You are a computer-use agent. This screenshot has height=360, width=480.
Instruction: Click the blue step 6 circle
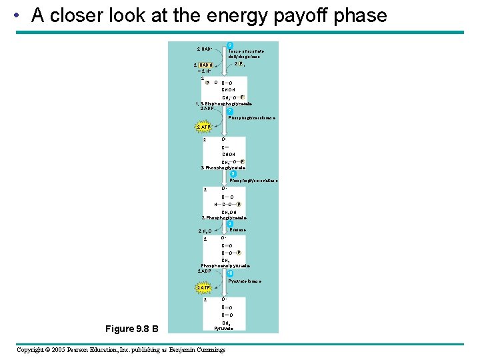(x=230, y=45)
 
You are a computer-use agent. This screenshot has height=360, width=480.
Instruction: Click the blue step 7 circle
(x=230, y=111)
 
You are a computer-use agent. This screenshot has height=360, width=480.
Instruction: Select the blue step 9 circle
(x=230, y=224)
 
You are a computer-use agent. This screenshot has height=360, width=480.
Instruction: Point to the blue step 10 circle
(x=230, y=273)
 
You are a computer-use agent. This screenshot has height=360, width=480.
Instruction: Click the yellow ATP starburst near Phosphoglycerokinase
(x=203, y=127)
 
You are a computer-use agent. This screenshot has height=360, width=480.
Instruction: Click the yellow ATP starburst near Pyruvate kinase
(x=203, y=288)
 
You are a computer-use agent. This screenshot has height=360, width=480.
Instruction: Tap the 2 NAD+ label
(x=205, y=49)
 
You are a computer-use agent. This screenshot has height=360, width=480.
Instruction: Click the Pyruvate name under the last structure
(x=223, y=329)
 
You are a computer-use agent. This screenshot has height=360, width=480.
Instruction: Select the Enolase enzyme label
(x=237, y=230)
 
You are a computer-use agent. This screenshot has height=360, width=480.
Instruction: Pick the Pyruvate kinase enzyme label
(x=245, y=281)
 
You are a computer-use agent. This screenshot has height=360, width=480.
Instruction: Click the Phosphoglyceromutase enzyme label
(x=253, y=181)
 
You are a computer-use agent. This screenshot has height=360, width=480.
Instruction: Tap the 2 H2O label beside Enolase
(x=205, y=231)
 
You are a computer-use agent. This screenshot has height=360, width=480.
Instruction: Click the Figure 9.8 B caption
(x=132, y=328)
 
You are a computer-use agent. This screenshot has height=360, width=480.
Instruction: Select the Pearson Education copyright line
(x=121, y=350)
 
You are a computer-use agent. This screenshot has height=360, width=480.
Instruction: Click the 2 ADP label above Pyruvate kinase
(x=205, y=271)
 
